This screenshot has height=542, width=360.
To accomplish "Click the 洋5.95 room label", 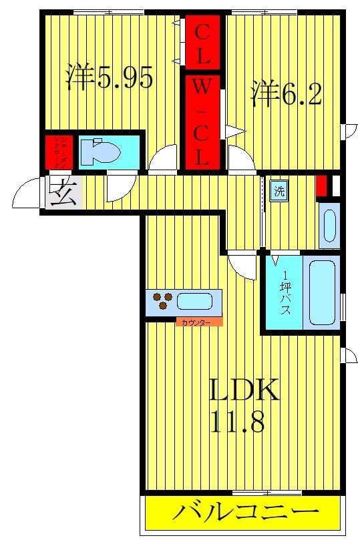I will pyautogui.click(x=110, y=79).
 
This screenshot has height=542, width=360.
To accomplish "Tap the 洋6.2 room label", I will pyautogui.click(x=287, y=94).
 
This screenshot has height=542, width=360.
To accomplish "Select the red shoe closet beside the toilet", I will pyautogui.click(x=58, y=151).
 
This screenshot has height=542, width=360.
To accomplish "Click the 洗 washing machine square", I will pyautogui.click(x=279, y=190).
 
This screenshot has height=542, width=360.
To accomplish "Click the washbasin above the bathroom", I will pyautogui.click(x=329, y=225).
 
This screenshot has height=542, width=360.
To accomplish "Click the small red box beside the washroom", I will pyautogui.click(x=322, y=185).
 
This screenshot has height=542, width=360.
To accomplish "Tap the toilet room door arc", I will pyautogui.click(x=120, y=188).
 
